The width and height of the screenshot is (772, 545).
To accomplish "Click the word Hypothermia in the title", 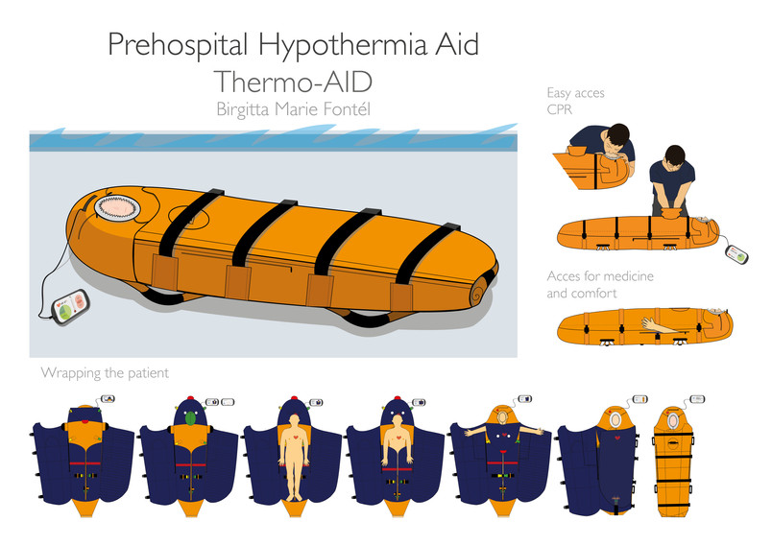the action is click(x=343, y=45).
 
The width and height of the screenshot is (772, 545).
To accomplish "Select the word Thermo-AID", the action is click(x=294, y=82).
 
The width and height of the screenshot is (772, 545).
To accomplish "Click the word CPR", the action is click(x=560, y=109).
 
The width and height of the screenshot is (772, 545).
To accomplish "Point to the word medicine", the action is click(x=624, y=276).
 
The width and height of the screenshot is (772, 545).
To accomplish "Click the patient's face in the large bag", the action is click(x=118, y=208).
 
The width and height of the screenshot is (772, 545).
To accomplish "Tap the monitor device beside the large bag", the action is click(x=71, y=307).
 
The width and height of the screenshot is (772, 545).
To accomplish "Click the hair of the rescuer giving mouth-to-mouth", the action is click(x=617, y=132).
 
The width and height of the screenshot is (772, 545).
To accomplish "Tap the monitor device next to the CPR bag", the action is click(x=736, y=254).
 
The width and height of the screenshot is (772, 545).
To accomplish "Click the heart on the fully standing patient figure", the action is click(x=295, y=437).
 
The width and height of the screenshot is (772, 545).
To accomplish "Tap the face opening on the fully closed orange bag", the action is click(x=673, y=421).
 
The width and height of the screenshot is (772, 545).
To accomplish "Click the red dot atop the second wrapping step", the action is click(x=190, y=398).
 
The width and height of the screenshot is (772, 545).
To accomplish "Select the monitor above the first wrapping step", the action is click(x=108, y=399).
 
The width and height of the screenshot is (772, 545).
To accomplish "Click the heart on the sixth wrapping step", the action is click(x=617, y=438).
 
